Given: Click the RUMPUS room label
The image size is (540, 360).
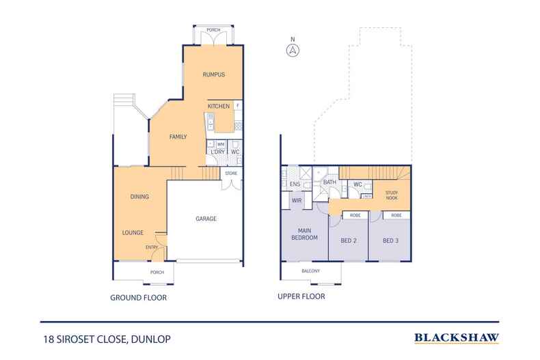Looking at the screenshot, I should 213,74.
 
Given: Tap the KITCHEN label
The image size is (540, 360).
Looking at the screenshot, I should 218,106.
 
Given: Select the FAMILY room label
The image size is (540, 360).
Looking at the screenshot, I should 178,137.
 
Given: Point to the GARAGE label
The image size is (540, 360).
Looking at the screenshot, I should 206,219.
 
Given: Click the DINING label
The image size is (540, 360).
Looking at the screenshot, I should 139,197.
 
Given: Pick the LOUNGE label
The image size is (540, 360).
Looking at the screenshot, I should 133,233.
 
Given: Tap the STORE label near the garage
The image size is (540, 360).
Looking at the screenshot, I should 232,174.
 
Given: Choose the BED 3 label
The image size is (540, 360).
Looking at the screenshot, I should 390,241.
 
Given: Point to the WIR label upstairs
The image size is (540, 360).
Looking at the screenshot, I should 297,201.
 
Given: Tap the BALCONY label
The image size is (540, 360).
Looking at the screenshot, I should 312,271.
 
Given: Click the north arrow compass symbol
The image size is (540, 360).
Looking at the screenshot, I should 293,50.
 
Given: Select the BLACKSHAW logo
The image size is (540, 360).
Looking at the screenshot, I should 457,337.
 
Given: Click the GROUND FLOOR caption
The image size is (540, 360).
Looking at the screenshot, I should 139,298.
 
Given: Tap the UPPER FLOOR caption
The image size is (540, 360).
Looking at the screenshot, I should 301,297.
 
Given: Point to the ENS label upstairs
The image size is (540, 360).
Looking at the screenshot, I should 295,184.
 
